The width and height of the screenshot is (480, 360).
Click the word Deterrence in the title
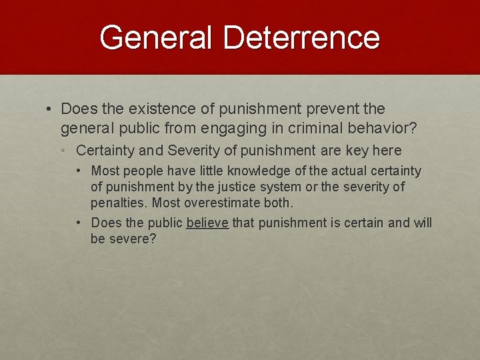click(x=301, y=38)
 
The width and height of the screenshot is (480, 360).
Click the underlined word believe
click(x=207, y=223)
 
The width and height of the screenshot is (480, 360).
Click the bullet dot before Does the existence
click(x=50, y=109)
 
